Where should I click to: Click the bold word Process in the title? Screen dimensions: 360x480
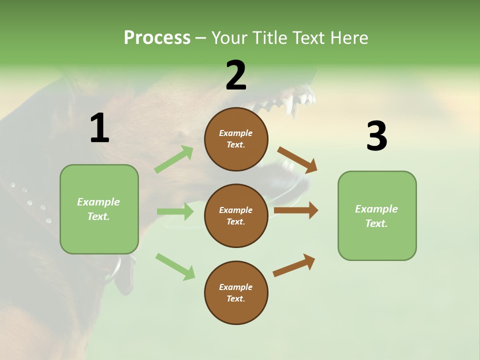click(x=157, y=37)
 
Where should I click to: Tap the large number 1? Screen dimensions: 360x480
click(x=99, y=128)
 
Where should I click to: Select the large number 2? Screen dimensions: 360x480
click(x=236, y=75)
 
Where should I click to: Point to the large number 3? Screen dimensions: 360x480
click(x=376, y=136)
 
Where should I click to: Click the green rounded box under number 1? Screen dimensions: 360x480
click(x=99, y=209)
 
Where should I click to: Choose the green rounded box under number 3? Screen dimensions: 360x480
click(x=377, y=216)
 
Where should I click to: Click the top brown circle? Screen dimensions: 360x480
click(x=236, y=139)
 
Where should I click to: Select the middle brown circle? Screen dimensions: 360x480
click(x=236, y=216)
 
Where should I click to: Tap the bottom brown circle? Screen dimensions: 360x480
click(x=236, y=293)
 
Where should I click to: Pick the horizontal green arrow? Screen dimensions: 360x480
click(x=175, y=211)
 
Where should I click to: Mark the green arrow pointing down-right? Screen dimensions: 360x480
click(x=175, y=266)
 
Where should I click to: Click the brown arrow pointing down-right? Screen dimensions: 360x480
click(x=297, y=160)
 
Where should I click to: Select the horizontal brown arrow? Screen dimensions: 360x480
click(x=296, y=210)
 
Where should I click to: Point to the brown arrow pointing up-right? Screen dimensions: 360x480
click(x=294, y=265)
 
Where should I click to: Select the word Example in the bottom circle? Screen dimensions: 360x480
click(x=236, y=287)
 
